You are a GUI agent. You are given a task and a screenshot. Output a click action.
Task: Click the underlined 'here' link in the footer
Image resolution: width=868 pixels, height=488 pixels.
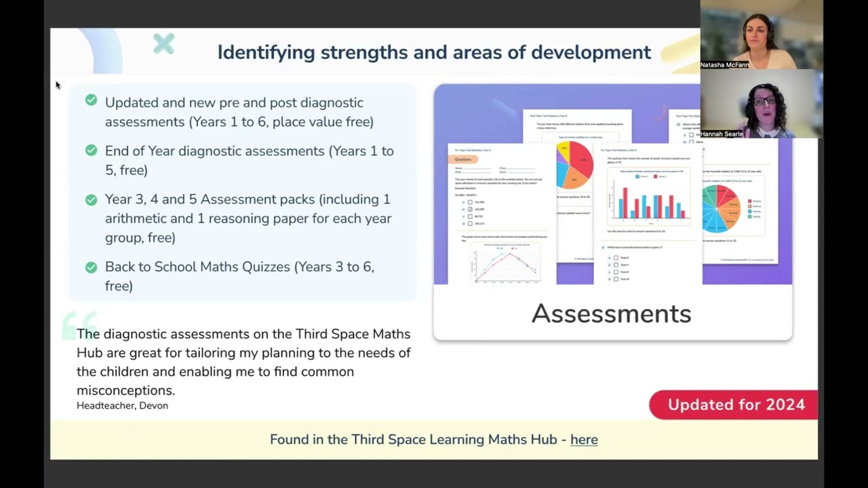pos(584,440)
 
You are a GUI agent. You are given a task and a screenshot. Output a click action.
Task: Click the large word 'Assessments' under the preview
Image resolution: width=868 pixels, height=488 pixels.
pos(611,314)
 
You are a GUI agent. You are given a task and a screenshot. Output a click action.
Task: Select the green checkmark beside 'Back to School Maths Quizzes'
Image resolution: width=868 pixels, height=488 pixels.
pos(91,267)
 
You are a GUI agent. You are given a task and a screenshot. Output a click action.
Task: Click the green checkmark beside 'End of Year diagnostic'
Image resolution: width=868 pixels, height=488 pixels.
pos(91,150)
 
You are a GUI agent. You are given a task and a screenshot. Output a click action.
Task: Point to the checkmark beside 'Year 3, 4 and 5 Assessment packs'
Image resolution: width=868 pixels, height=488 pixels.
pos(91,199)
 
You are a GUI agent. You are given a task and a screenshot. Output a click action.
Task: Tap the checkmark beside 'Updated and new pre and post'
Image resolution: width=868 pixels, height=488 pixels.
pos(91,100)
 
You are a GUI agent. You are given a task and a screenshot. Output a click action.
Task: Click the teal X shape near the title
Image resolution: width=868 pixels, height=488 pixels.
pos(163,44)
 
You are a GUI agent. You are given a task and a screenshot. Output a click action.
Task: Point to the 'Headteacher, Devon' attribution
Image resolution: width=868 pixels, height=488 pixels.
pos(122,405)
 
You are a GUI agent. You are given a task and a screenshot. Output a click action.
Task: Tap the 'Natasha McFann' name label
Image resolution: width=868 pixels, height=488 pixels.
pos(724,65)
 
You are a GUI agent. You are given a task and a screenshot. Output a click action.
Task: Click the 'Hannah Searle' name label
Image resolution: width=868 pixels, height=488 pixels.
pos(722,134)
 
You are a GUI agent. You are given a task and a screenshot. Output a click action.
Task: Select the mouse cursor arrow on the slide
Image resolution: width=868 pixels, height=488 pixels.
pos(58,85)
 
